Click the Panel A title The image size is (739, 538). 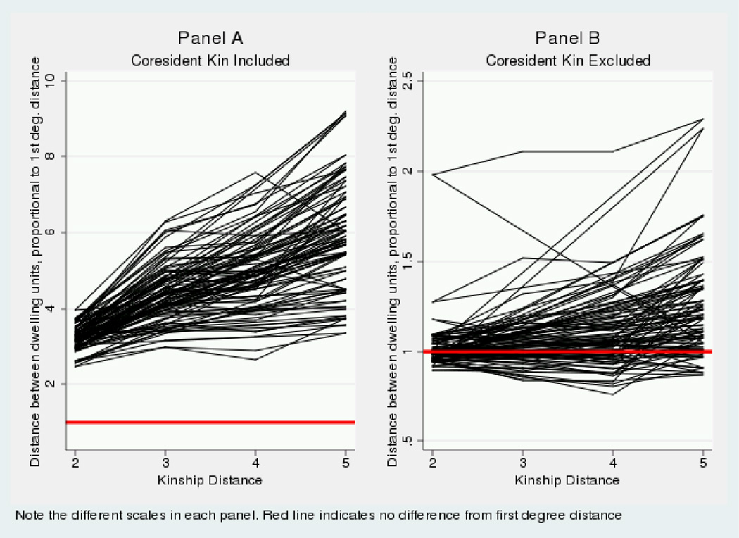click(x=210, y=39)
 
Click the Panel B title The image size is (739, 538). click(x=568, y=39)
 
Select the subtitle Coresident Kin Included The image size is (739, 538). click(x=210, y=61)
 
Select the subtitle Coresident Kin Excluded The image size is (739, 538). click(x=568, y=61)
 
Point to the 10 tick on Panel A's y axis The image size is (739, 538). click(x=53, y=80)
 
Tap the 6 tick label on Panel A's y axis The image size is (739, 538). click(x=53, y=232)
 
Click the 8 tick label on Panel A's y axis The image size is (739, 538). click(x=53, y=156)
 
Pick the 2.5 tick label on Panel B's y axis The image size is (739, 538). click(x=409, y=80)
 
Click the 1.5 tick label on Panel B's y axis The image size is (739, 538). click(x=409, y=261)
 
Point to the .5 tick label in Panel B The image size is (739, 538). click(x=409, y=442)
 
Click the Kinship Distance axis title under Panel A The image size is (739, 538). click(x=210, y=480)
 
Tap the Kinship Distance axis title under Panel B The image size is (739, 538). click(x=567, y=480)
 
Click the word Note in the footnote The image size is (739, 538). click(x=29, y=515)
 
